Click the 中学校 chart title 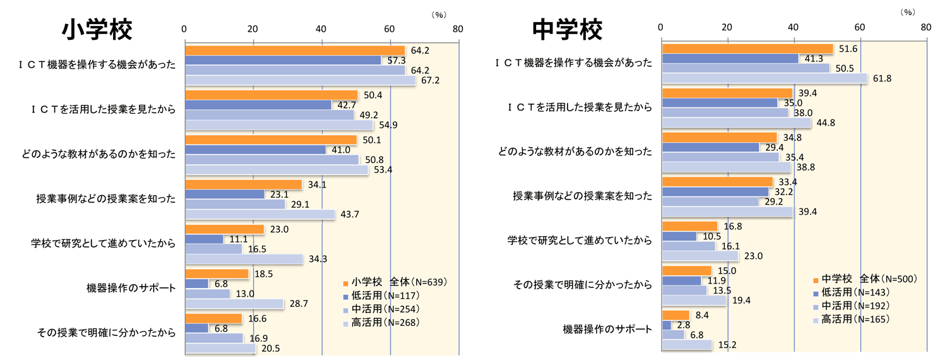(x=567, y=29)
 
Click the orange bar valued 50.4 (x=271, y=95)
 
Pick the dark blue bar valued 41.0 (x=255, y=150)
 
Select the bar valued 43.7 (x=259, y=215)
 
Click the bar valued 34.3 (x=244, y=260)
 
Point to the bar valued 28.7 (x=234, y=304)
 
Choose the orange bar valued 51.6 (x=747, y=49)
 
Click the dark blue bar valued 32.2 (x=715, y=191)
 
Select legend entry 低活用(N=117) (x=381, y=295)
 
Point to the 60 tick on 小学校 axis (x=390, y=28)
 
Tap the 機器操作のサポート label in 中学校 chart (x=607, y=329)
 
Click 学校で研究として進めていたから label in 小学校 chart (x=103, y=243)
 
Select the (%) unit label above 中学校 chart (x=908, y=11)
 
